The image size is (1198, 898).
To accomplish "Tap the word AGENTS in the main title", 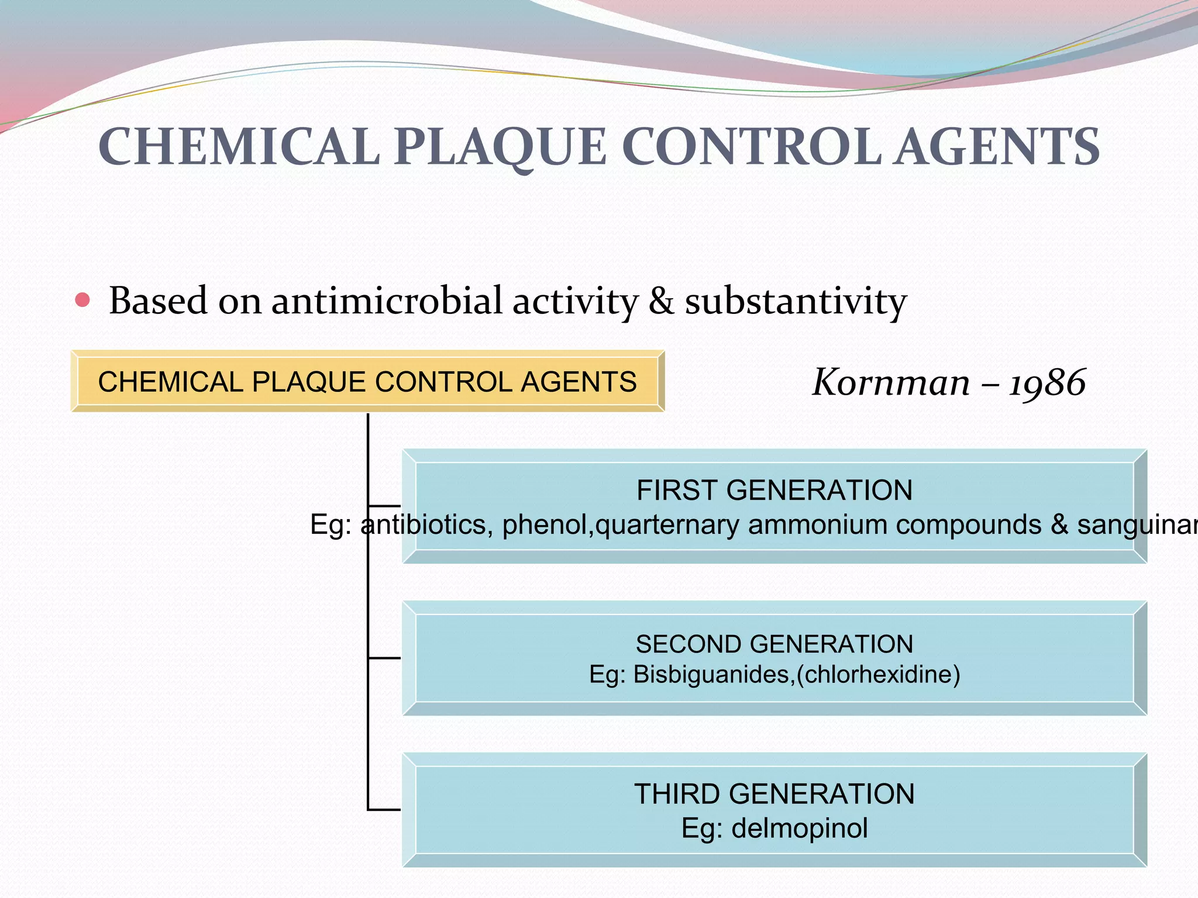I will coord(998,147).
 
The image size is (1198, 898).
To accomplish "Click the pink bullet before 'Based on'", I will coord(83,301).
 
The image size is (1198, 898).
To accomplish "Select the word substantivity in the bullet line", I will coord(796,302).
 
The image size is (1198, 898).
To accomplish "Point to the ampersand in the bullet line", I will coord(661,302).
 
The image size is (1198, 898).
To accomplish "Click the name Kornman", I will coord(891,383).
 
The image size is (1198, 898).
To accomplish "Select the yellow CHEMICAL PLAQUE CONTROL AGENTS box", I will coord(367,382).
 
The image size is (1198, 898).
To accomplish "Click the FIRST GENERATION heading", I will coord(774,490).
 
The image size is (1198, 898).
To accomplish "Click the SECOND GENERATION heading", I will coord(774,644).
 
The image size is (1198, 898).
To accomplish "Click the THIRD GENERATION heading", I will coord(774,794).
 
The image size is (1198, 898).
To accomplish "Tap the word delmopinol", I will coord(800,828).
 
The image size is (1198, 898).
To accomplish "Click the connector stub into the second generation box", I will coord(384,658).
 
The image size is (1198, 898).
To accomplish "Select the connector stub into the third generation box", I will coord(384,810).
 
